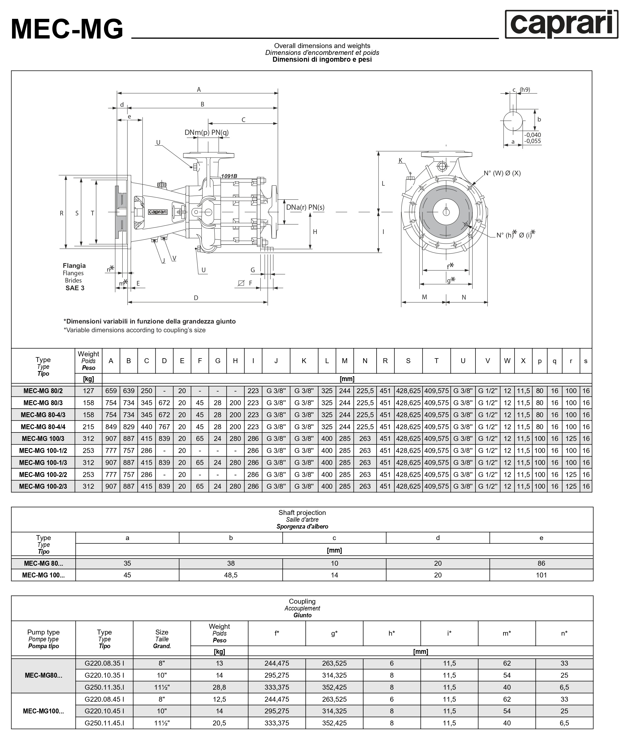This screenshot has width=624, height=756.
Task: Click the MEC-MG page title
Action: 67,29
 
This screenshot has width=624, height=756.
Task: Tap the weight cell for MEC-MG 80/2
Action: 88,391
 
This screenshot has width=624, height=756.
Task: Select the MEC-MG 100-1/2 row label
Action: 43,450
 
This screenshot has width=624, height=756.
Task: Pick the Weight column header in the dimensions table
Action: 88,360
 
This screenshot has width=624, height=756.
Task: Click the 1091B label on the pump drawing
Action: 229,176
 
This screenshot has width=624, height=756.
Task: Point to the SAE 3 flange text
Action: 75,288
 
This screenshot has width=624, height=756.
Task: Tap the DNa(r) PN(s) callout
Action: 305,207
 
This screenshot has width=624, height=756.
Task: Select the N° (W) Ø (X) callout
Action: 502,173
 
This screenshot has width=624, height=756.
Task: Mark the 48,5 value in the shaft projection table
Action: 231,575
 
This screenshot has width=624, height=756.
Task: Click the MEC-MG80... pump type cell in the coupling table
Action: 43,675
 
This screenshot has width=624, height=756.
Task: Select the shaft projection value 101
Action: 541,575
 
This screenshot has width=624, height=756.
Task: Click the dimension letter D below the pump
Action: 196,298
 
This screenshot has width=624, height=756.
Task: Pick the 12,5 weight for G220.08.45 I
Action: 219,699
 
